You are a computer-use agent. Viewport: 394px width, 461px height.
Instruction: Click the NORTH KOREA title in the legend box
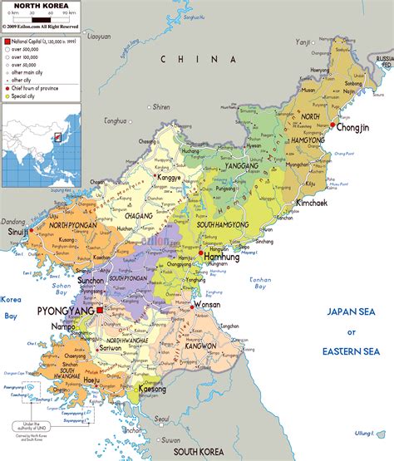pos(39,5)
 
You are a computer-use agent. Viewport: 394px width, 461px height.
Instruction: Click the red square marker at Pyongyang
pos(100,310)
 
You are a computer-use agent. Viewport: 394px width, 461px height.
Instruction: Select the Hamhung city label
pos(221,257)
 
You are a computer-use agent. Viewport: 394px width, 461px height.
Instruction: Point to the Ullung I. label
pos(366,433)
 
